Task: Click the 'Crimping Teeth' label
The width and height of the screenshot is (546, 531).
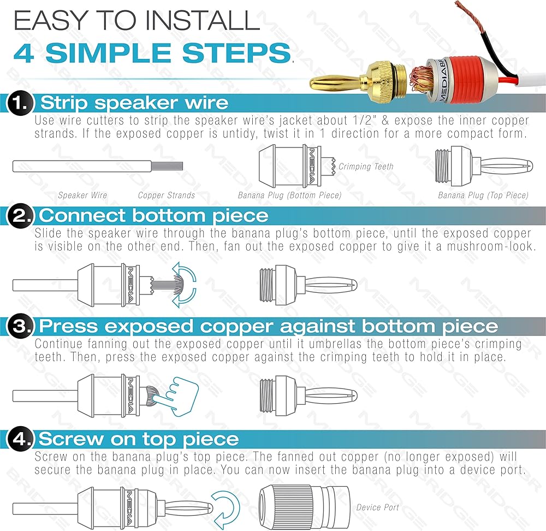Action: (366, 167)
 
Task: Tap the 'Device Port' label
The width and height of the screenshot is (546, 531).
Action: (377, 508)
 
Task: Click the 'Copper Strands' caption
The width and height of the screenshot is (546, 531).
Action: (167, 195)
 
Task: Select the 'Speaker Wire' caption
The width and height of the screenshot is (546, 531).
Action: (82, 195)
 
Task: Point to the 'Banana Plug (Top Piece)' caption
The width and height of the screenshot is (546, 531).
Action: (483, 195)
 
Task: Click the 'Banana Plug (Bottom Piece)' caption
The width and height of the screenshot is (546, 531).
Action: (290, 195)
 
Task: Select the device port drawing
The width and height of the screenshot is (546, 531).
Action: (304, 508)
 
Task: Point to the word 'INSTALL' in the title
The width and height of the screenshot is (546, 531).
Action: (203, 20)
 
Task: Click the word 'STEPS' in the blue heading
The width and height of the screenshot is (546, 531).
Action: (236, 53)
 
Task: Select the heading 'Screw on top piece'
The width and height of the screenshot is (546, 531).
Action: (139, 439)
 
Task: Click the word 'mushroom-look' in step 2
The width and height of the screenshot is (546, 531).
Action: (491, 246)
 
